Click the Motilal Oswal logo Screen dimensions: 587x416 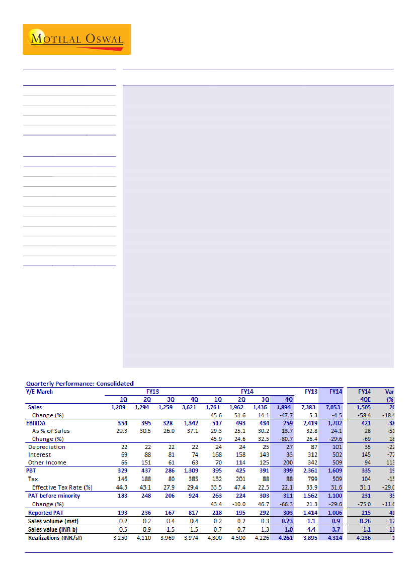point(76,39)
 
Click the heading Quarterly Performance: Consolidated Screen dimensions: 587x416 point(80,384)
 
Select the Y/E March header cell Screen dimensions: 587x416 point(39,392)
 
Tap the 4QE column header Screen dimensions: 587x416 point(365,399)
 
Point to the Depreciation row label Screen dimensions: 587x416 point(46,447)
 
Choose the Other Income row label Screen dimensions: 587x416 point(47,462)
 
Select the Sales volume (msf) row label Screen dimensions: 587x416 point(52,521)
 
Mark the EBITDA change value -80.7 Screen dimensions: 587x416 point(285,439)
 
